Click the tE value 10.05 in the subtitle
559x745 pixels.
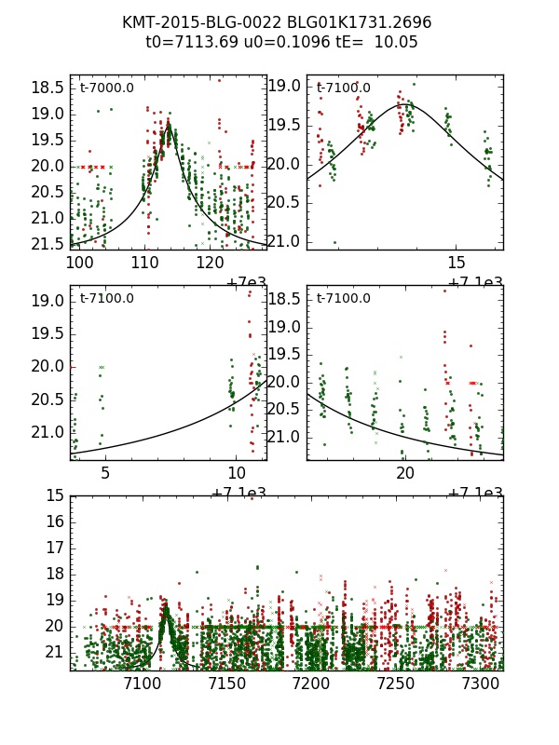[378, 42]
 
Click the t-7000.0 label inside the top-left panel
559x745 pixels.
[107, 88]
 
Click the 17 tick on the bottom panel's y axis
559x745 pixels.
[54, 549]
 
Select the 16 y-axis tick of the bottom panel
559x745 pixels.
[54, 522]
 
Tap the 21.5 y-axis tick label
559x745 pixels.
[47, 244]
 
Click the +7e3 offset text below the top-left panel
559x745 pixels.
[247, 283]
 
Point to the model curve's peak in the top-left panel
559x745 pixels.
[169, 124]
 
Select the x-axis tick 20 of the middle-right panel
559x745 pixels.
[405, 474]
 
